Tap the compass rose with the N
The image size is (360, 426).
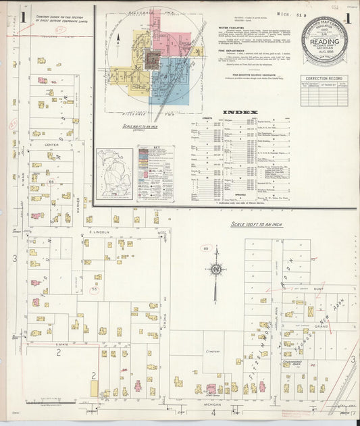click(x=215, y=269)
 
